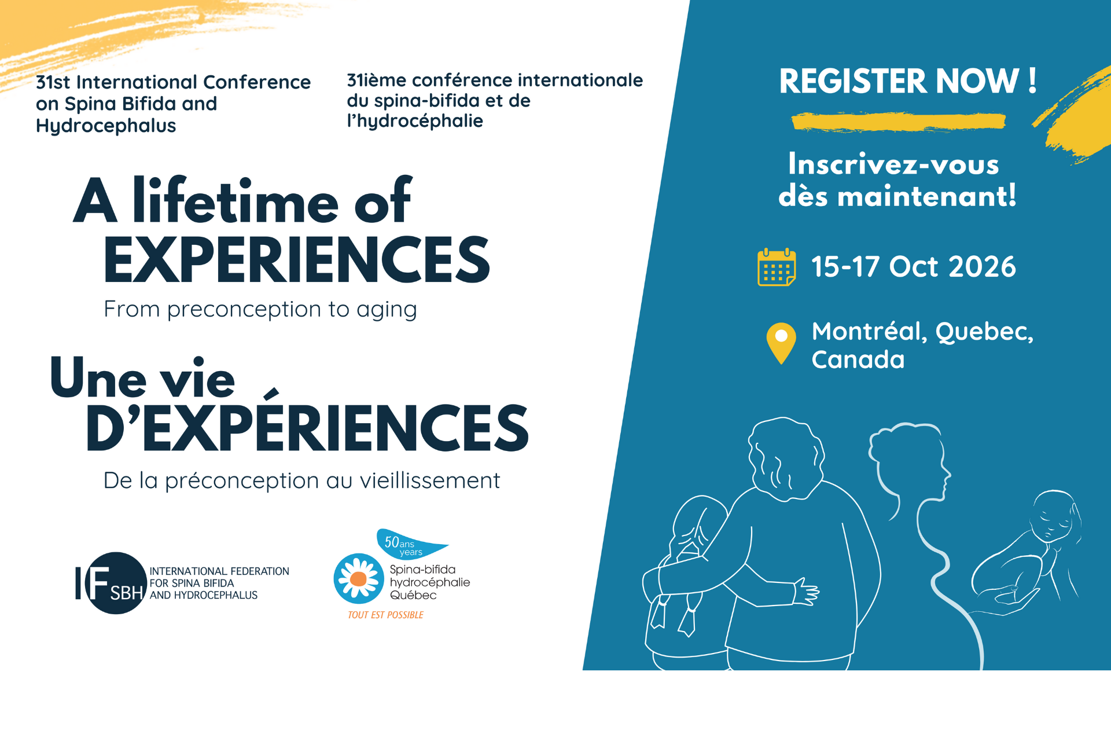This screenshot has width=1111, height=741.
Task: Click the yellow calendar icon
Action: click(x=777, y=267)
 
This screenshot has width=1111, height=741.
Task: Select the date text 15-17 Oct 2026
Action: click(x=913, y=267)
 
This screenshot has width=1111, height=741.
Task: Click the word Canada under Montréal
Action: click(x=858, y=360)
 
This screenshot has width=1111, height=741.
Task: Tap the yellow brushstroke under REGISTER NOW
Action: click(x=899, y=122)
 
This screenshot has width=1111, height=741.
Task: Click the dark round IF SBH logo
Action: click(x=116, y=583)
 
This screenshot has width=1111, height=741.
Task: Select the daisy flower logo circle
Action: click(x=359, y=578)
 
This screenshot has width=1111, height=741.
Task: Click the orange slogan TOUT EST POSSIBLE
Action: click(x=385, y=615)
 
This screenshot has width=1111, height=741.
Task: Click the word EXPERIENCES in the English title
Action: click(x=297, y=260)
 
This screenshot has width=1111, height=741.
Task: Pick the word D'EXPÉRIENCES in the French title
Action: click(x=307, y=427)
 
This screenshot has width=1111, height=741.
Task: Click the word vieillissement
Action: click(x=430, y=480)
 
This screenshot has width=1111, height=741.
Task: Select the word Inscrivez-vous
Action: click(x=893, y=164)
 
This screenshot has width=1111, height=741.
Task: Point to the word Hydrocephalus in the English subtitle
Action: click(x=106, y=126)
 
